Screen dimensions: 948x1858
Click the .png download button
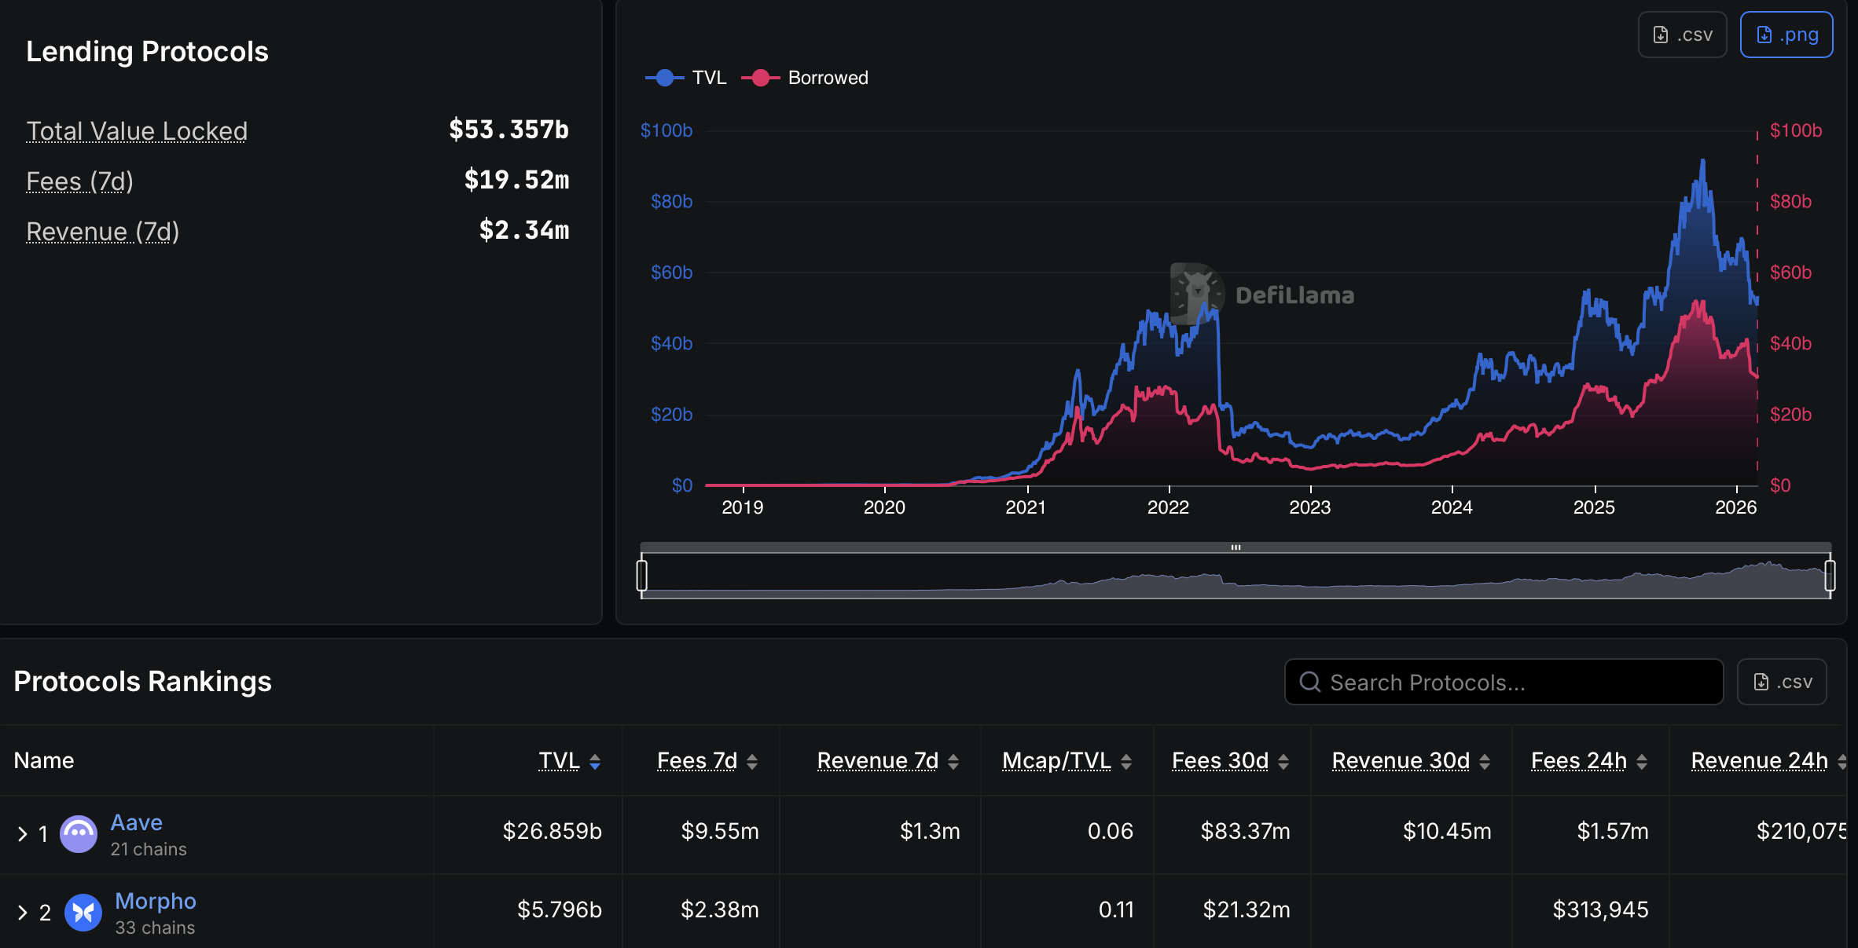1786,35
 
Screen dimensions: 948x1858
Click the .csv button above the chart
1682,35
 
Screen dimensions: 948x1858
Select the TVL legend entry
686,78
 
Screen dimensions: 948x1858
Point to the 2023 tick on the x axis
1310,507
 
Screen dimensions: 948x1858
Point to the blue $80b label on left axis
671,202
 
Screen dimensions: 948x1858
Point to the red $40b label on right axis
1790,343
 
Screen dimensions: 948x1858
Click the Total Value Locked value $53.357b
509,130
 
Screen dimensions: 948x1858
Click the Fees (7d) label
79,181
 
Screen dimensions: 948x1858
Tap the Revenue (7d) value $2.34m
523,230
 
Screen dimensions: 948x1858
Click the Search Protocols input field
1503,682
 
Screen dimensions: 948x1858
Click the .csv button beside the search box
1782,682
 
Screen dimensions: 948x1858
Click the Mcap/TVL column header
1056,760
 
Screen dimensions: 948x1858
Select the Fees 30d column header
1220,760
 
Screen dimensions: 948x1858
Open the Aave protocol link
136,822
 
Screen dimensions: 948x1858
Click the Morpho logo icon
83,912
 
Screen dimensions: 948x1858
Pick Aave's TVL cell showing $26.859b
552,831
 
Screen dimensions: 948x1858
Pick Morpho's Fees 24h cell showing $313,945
1600,910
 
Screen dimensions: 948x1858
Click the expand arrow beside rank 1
22,833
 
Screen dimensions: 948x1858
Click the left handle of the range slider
642,575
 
